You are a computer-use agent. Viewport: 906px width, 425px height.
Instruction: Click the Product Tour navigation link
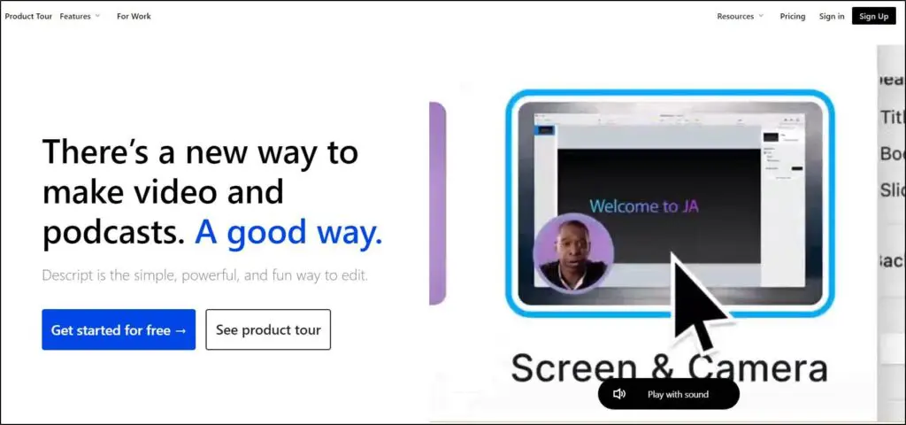point(28,16)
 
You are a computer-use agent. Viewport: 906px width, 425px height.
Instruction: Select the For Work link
point(134,16)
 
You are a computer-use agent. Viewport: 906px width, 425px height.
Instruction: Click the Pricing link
point(793,16)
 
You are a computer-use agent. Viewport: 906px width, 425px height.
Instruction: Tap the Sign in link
point(832,16)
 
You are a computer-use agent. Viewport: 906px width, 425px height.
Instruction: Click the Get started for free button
point(119,329)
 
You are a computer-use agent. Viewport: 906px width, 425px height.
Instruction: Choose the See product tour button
point(268,329)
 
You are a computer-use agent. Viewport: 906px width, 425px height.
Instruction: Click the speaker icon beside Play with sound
point(619,394)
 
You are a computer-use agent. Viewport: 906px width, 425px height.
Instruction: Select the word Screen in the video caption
point(574,367)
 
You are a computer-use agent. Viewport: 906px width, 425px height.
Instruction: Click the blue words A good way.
point(288,232)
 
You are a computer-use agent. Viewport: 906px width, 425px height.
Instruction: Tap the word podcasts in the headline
point(113,232)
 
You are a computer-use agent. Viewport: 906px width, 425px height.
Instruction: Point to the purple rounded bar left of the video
point(437,204)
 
